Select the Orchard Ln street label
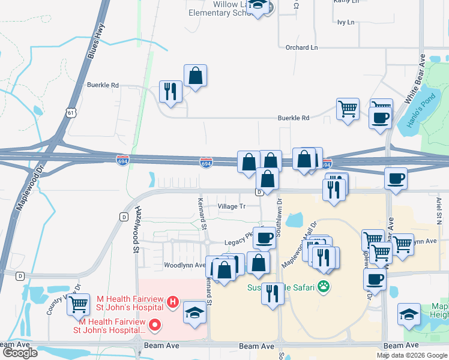301,47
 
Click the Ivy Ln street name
346,22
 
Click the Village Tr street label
232,206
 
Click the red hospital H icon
172,301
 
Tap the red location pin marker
155,325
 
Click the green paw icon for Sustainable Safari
324,287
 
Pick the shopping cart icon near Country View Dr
79,305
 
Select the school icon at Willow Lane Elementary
259,5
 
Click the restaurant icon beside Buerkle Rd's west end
170,91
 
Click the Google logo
20,353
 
